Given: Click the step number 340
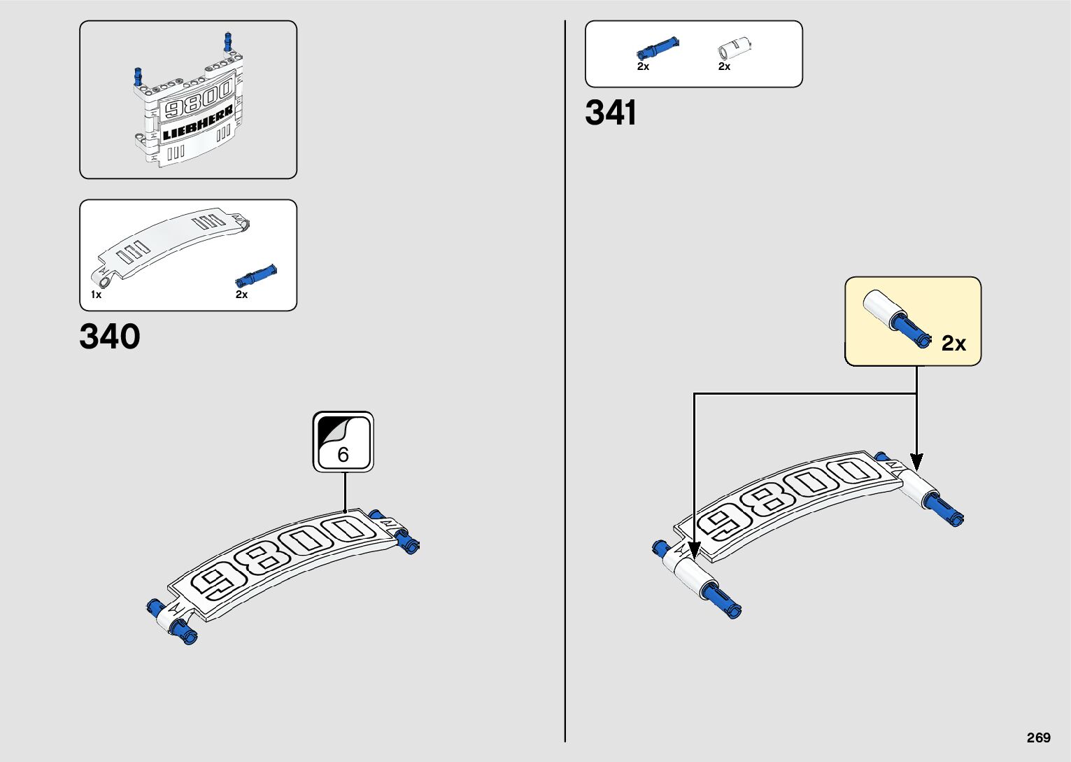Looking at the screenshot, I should (x=110, y=337).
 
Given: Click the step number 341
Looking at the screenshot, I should (x=611, y=113).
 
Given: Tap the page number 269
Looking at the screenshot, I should (x=1039, y=738).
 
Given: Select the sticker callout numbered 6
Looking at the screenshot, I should (x=343, y=442).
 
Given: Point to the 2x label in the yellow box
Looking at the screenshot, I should (x=953, y=343).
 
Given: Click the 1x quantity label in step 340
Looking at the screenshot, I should (x=96, y=295).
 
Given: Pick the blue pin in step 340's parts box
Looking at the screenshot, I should (x=256, y=275).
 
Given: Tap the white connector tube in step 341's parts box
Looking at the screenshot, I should (x=734, y=48).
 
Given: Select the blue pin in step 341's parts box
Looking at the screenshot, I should (x=657, y=48).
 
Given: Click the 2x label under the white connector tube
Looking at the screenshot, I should (x=724, y=66).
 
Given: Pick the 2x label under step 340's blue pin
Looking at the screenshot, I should (x=241, y=295).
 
